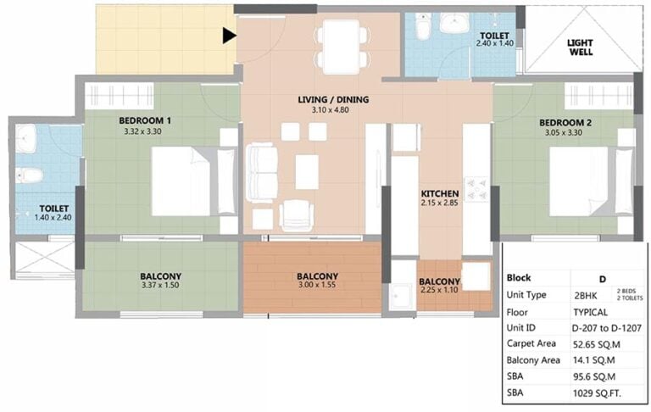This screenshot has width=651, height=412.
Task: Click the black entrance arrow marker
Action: [x=229, y=36]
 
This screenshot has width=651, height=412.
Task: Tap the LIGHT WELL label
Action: [x=580, y=47]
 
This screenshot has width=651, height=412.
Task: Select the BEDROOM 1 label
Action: [x=145, y=121]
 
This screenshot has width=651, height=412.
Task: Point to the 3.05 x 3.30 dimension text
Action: [x=564, y=133]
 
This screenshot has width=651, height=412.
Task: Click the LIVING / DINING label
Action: [x=333, y=100]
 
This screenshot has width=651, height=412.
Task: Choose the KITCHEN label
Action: [x=440, y=193]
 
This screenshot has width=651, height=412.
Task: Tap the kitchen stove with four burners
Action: [x=476, y=189]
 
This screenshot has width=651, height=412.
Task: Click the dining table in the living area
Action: [x=342, y=47]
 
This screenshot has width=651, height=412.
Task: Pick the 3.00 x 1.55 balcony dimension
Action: [x=317, y=285]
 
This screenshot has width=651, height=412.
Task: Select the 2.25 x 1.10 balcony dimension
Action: [x=439, y=290]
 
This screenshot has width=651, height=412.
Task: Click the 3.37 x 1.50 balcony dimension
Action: [x=160, y=286]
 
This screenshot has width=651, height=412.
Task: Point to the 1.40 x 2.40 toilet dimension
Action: [x=53, y=217]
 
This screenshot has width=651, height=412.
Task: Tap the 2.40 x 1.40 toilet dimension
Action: [x=495, y=43]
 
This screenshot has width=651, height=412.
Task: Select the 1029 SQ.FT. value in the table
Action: [x=597, y=393]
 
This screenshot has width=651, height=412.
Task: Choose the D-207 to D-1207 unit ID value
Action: [x=607, y=328]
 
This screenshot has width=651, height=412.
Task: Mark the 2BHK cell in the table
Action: [x=586, y=296]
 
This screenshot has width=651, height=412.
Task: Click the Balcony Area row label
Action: [x=533, y=360]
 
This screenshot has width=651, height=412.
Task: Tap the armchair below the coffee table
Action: [x=297, y=215]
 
